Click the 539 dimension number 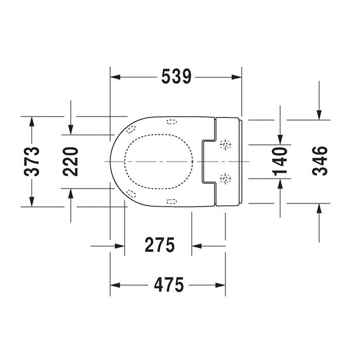click(176, 77)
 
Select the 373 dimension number click(32, 161)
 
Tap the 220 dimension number click(71, 161)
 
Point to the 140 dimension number click(280, 161)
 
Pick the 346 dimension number click(319, 161)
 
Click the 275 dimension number click(159, 245)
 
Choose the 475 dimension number click(169, 285)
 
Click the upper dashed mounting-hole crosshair click(225, 145)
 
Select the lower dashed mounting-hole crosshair click(225, 178)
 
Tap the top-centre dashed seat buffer click(171, 122)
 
